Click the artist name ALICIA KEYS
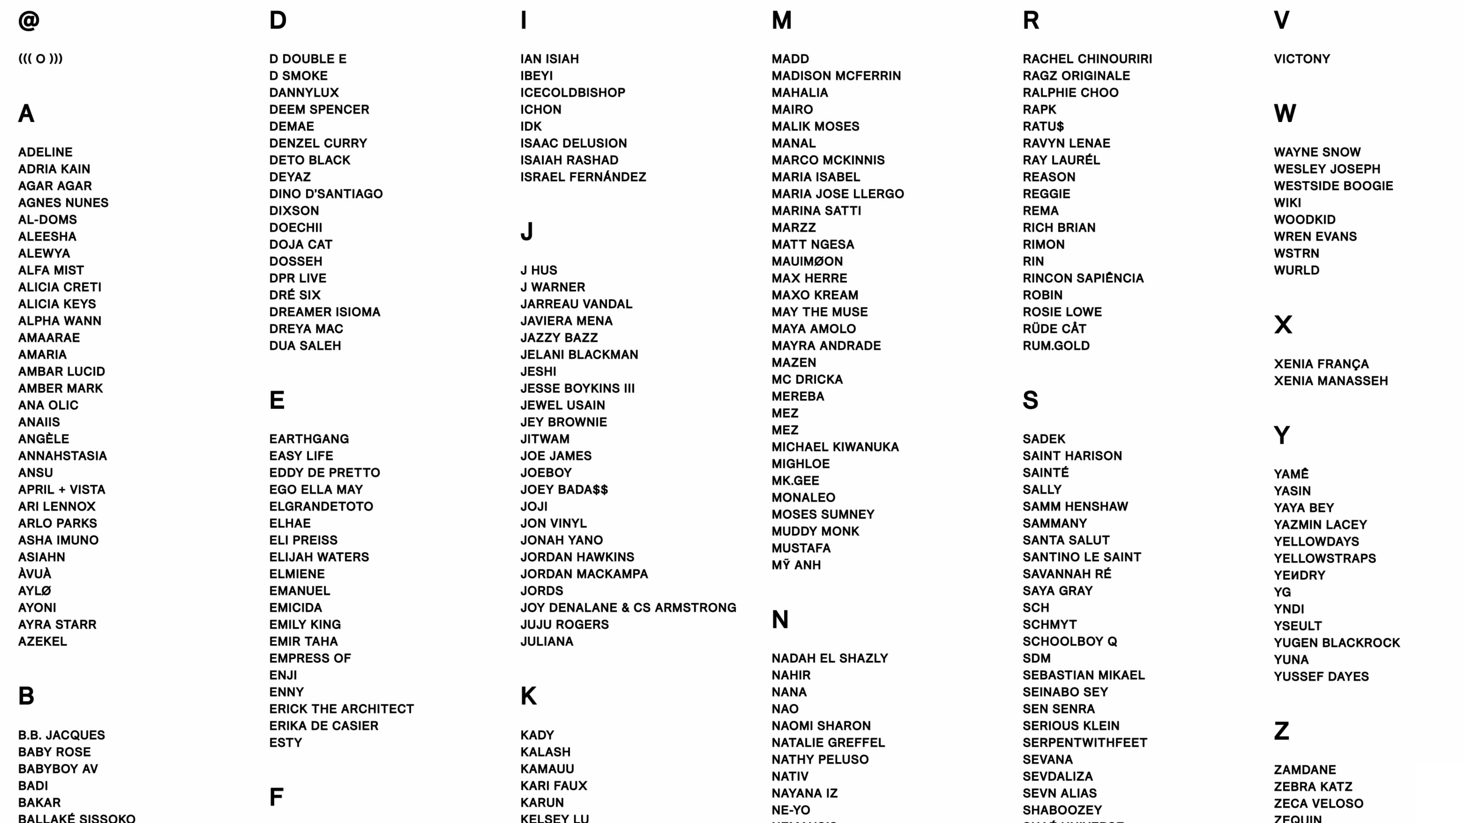pos(57,304)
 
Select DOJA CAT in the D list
pos(301,244)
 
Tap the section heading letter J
pos(527,232)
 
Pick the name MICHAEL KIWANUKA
pos(835,447)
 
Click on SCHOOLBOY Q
pos(1069,641)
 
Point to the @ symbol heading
pos(29,21)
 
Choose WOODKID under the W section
pos(1304,219)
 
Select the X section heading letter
pos(1283,325)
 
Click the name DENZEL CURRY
pos(318,143)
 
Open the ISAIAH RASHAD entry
pos(569,160)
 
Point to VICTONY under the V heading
pos(1302,59)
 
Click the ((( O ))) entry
pos(40,59)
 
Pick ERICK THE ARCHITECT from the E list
pos(341,709)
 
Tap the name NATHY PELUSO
pos(820,759)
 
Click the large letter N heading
pos(780,620)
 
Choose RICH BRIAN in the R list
pos(1059,228)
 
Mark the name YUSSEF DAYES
pos(1321,676)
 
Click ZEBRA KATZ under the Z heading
pos(1313,787)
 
